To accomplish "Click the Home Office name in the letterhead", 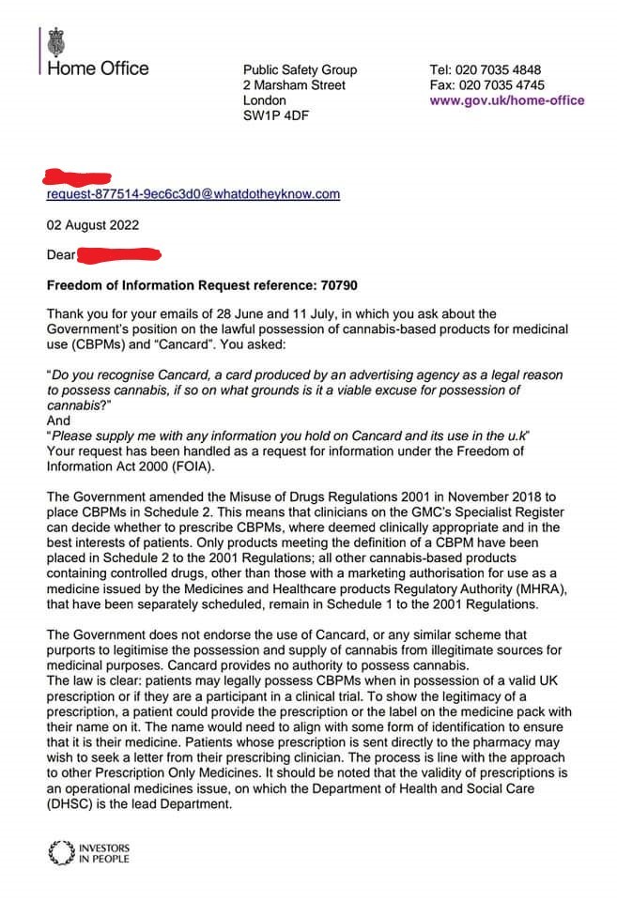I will (x=97, y=68).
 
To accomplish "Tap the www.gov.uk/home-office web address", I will (x=506, y=100).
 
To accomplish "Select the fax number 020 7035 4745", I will (x=498, y=85).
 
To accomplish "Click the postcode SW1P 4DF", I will (x=275, y=115).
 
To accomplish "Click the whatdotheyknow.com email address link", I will (x=193, y=194).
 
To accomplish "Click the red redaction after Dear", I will (x=118, y=254).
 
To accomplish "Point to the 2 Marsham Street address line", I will (x=294, y=85).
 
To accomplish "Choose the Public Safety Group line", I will (x=300, y=70).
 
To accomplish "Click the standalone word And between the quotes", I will (x=58, y=421).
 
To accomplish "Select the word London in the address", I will (x=265, y=100).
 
